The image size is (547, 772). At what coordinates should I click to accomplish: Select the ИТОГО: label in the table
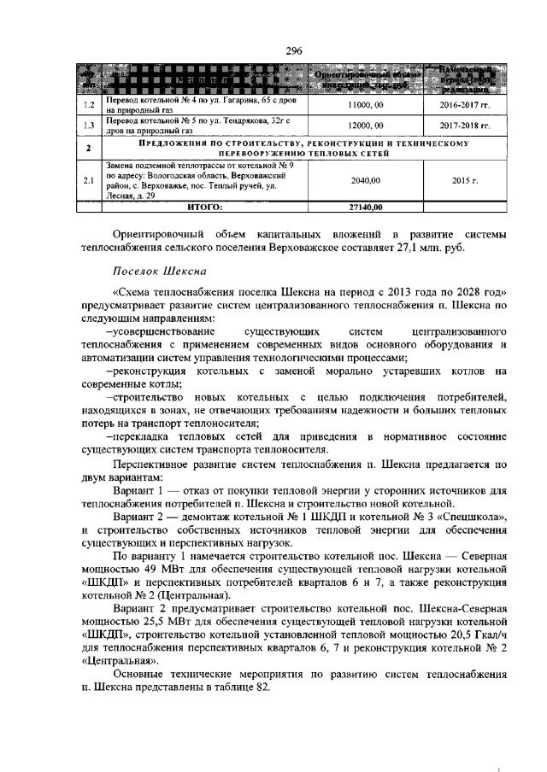[204, 206]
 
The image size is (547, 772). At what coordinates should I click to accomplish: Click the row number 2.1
[87, 180]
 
